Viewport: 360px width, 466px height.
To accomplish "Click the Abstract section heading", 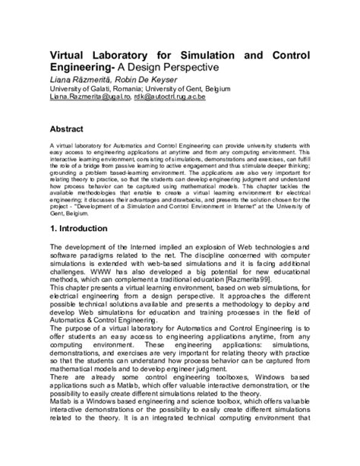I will pyautogui.click(x=67, y=129).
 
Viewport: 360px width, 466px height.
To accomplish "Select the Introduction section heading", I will pyautogui.click(x=84, y=229).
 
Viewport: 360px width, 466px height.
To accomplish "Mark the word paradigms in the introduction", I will pyautogui.click(x=96, y=255).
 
